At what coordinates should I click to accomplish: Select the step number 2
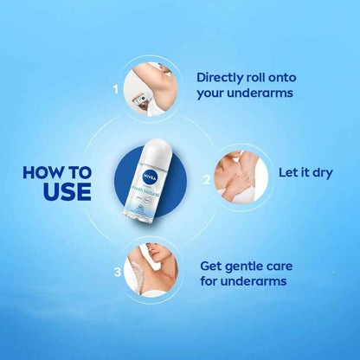tap(206, 180)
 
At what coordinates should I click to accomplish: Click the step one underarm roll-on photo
tap(151, 87)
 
